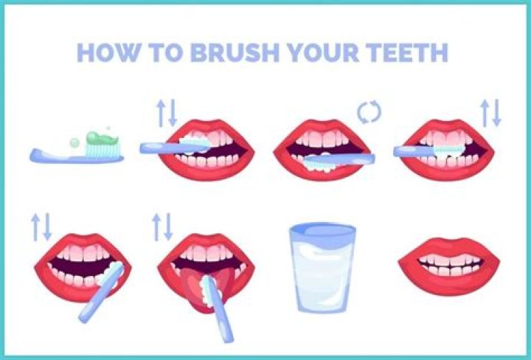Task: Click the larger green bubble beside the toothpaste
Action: pos(74,142)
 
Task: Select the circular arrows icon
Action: pos(368,112)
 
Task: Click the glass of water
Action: pos(321,268)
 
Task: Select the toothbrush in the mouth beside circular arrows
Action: pos(339,157)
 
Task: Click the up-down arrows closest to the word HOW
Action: pos(167,111)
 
